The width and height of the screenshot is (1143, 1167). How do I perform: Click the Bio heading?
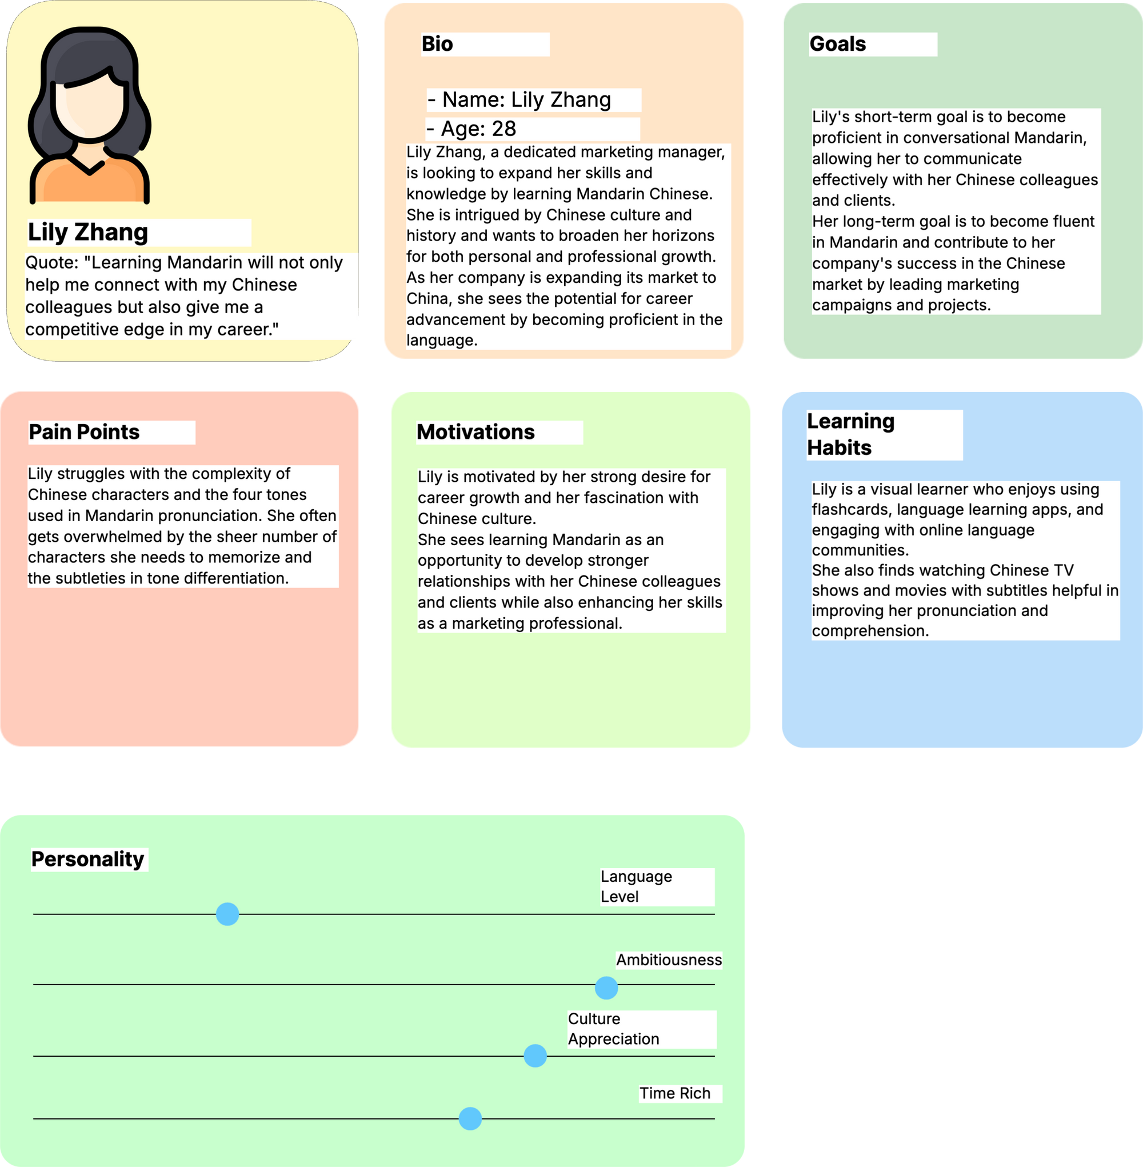[437, 44]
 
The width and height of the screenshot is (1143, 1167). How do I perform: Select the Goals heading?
[837, 44]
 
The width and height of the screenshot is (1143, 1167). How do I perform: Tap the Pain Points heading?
[84, 432]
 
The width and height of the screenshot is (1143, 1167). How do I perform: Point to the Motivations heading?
[475, 432]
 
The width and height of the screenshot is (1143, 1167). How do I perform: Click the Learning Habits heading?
[850, 434]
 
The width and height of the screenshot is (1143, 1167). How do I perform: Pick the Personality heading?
[87, 859]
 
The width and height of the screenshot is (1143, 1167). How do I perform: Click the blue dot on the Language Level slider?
[227, 914]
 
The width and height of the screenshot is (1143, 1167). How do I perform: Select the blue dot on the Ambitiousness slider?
[606, 988]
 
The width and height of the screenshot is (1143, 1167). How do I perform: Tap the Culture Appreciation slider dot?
[535, 1056]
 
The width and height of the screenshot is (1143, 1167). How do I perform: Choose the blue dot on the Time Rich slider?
[470, 1119]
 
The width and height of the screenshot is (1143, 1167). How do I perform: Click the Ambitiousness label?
[669, 960]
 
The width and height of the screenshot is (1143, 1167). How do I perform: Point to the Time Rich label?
[675, 1093]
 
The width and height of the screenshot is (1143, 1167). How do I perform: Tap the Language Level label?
[636, 886]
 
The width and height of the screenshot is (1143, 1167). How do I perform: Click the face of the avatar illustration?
[90, 108]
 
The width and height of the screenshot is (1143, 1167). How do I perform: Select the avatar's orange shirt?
[90, 180]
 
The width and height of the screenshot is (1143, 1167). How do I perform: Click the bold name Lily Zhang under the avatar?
[87, 233]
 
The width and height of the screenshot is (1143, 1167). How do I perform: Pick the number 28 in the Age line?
[503, 129]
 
